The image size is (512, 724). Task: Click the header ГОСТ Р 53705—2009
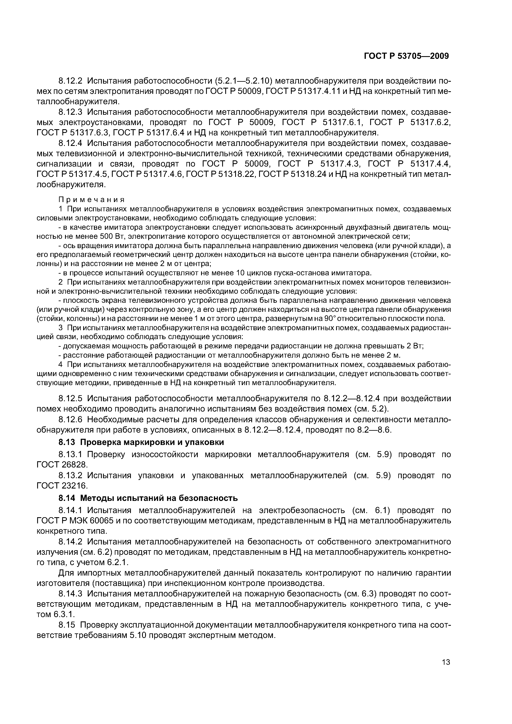(406, 56)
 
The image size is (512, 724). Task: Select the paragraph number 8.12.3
(70, 112)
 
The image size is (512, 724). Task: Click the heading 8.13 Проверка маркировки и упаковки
(141, 442)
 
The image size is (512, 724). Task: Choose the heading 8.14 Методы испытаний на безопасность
(148, 498)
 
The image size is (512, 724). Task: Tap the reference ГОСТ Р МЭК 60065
(76, 521)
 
